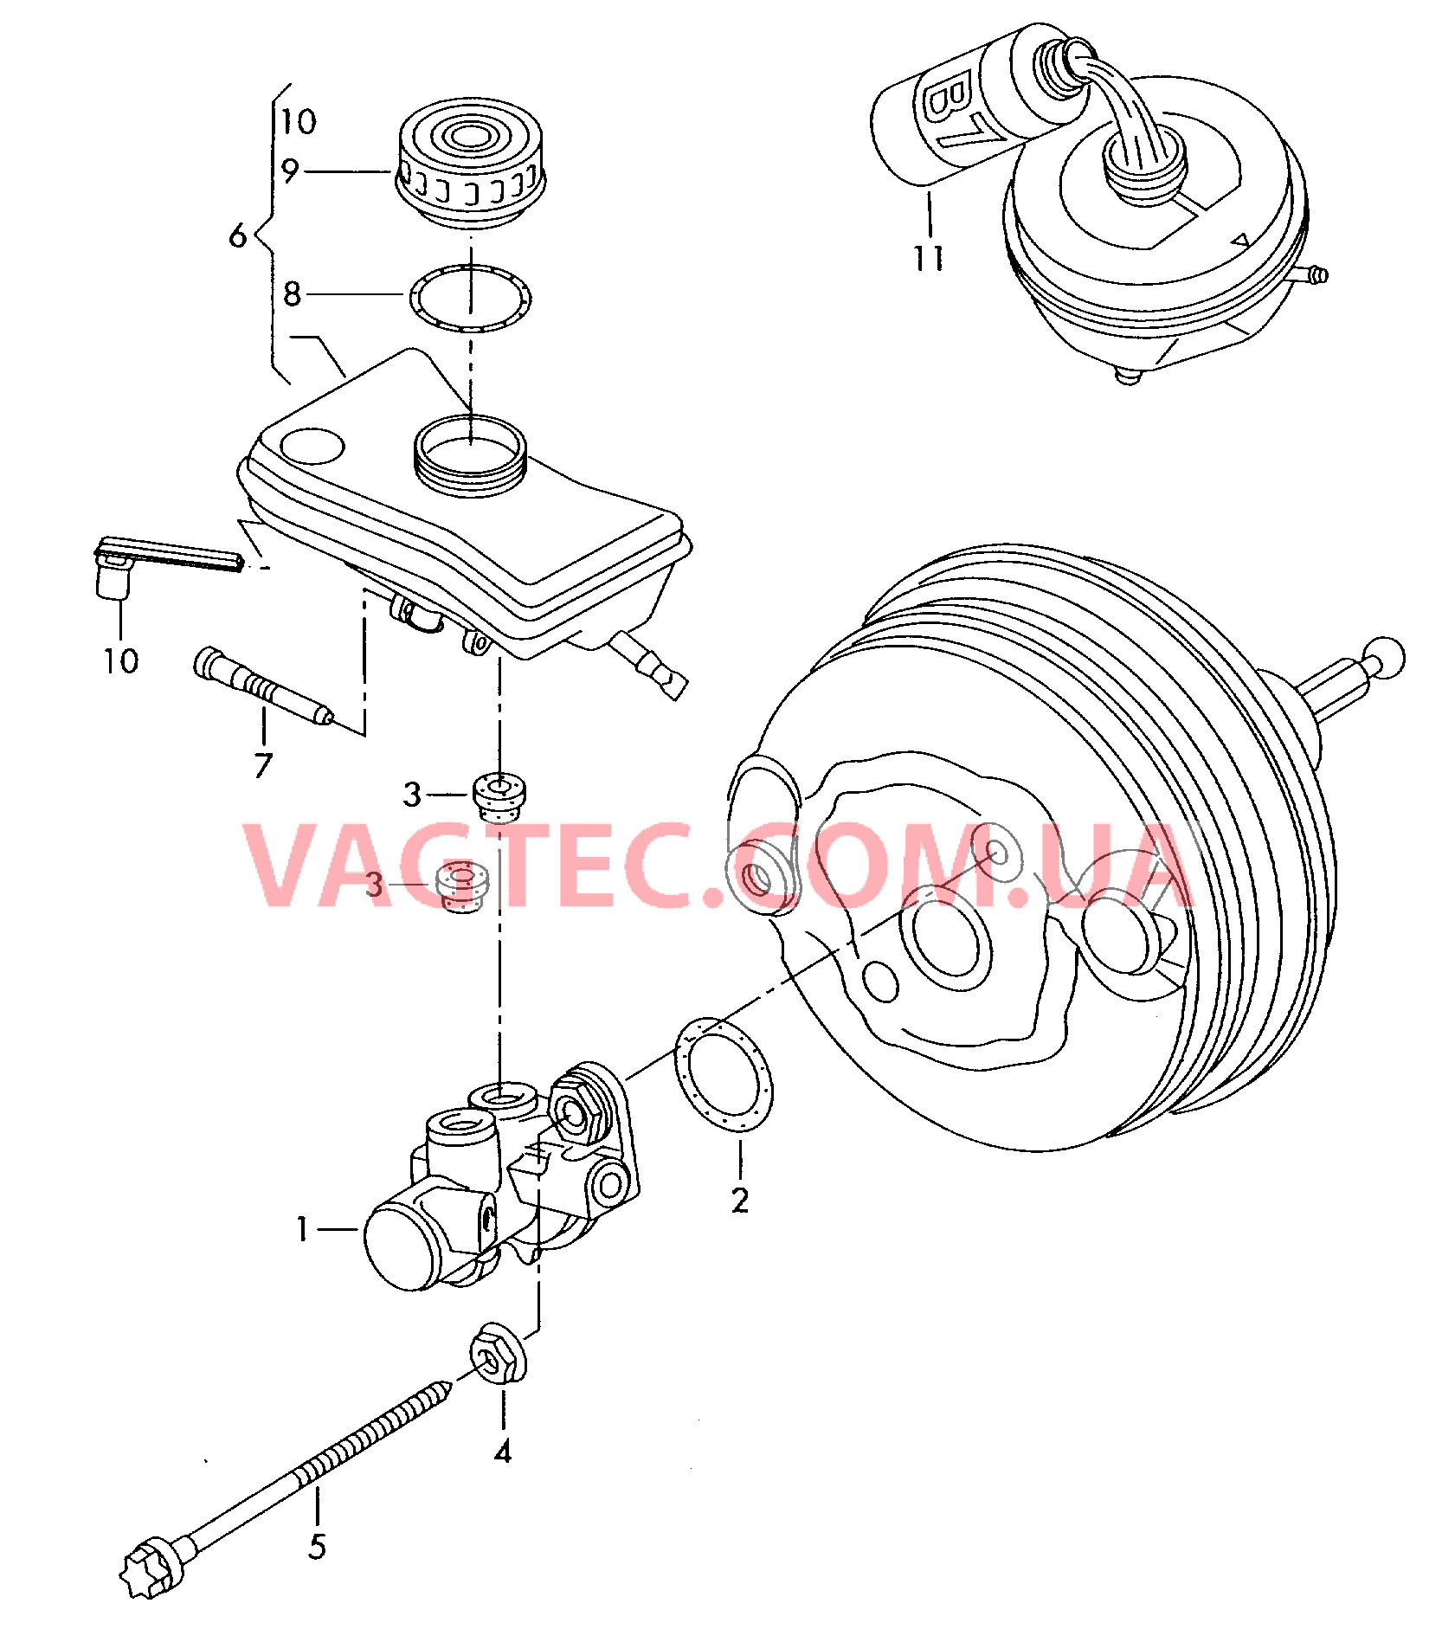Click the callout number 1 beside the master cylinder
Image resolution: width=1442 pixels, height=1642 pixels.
pyautogui.click(x=302, y=1229)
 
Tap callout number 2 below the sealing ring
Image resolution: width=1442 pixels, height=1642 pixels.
pyautogui.click(x=739, y=1201)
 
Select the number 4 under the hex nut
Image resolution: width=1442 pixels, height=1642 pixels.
pyautogui.click(x=503, y=1452)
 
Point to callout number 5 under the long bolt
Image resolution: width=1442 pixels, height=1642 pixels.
pyautogui.click(x=317, y=1547)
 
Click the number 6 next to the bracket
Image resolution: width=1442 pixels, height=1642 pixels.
pyautogui.click(x=238, y=235)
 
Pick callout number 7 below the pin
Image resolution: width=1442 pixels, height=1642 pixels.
pyautogui.click(x=263, y=765)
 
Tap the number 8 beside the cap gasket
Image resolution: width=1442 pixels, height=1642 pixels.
pyautogui.click(x=293, y=294)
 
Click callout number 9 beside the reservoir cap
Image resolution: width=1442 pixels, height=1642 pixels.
pyautogui.click(x=291, y=171)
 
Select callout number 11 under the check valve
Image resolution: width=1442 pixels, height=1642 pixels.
pyautogui.click(x=929, y=257)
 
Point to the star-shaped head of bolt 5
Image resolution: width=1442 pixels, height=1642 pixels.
pyautogui.click(x=148, y=1565)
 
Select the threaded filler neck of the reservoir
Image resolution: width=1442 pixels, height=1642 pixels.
pyautogui.click(x=470, y=456)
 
